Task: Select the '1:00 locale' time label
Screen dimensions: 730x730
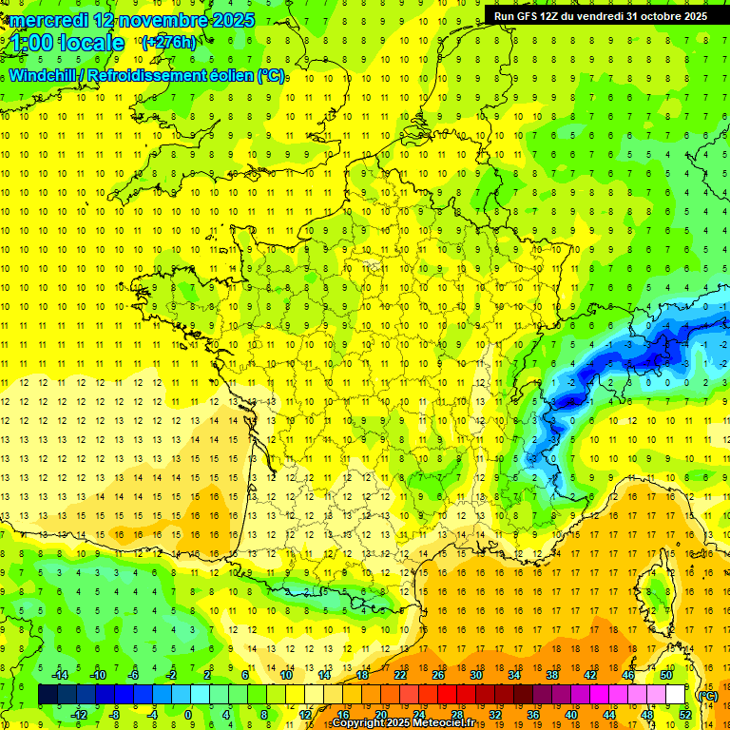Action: pos(67,43)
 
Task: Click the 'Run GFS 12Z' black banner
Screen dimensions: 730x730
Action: pos(600,16)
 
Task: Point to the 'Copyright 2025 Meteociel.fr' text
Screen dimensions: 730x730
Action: pos(403,723)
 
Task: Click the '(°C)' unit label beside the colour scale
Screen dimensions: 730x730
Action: pos(706,695)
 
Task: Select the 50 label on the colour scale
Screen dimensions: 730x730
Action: pos(665,675)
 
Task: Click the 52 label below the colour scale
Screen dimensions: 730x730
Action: pos(685,714)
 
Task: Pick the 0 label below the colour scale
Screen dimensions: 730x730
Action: pos(188,714)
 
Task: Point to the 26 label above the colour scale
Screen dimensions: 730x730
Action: pos(438,675)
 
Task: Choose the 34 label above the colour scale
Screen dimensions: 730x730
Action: pos(514,675)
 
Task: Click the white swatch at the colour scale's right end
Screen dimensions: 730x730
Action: pos(675,695)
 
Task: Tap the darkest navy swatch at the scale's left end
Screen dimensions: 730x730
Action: pos(48,695)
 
